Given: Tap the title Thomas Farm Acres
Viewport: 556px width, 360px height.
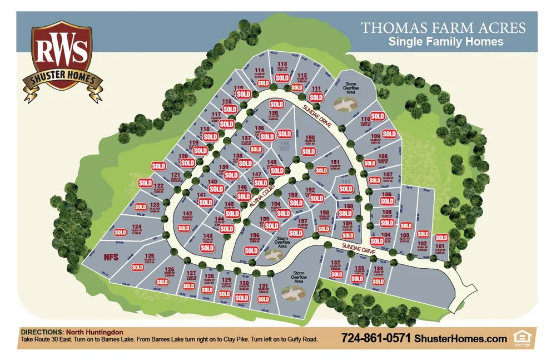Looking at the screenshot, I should [443, 27].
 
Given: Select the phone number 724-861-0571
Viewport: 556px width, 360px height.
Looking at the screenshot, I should [375, 338].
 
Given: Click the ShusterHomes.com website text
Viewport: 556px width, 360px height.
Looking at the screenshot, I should [461, 338].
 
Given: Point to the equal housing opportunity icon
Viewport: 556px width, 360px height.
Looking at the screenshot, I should [522, 337].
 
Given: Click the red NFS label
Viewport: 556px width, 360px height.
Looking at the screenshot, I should [111, 257].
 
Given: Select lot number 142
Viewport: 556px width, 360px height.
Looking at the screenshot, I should [187, 214].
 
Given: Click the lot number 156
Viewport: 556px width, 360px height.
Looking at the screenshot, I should [254, 235].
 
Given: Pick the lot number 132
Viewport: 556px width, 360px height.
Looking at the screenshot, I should [335, 263].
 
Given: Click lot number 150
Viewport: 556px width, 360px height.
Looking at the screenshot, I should [310, 137].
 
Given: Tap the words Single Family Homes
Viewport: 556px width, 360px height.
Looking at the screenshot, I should [445, 42].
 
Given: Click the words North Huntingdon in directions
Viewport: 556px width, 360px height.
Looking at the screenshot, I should [93, 332].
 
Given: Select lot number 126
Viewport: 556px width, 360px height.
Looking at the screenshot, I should [170, 270].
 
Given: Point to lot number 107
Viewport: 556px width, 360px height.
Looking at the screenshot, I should [388, 175].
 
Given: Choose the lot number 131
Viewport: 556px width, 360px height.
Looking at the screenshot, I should [264, 286].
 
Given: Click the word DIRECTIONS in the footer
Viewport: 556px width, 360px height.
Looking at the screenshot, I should [42, 332].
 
